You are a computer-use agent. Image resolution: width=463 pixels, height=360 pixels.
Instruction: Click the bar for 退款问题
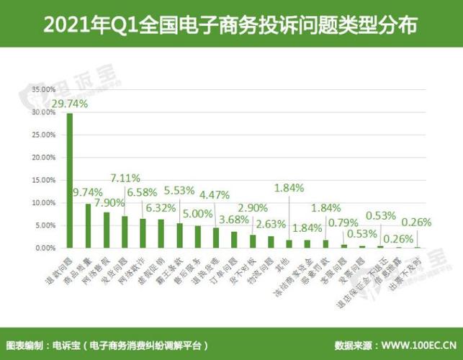[70, 180]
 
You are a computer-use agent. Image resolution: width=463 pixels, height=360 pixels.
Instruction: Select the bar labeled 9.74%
[88, 225]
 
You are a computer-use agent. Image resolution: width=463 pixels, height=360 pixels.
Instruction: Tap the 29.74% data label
[69, 104]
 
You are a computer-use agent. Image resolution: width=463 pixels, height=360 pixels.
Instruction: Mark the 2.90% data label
[253, 207]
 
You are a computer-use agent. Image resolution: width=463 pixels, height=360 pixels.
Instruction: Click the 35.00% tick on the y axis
[43, 90]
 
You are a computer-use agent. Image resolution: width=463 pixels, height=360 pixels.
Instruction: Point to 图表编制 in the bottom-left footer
[24, 345]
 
